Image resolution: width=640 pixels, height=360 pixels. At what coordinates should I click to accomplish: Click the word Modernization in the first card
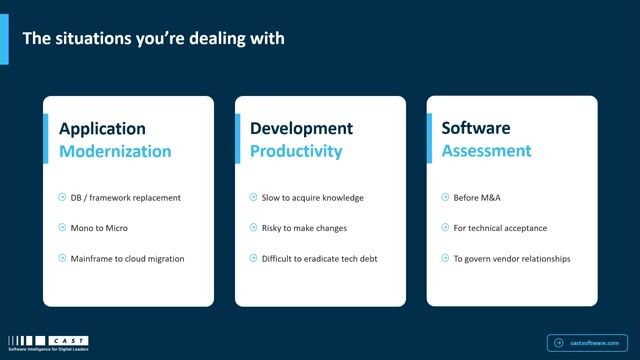[115, 152]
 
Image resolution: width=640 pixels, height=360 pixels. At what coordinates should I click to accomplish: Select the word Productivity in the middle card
[296, 152]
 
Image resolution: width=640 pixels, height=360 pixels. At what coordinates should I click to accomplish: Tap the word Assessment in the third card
[486, 152]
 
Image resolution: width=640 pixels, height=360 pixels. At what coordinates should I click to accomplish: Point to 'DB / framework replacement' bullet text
[127, 198]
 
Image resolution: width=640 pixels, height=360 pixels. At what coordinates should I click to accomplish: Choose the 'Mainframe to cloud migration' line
[128, 259]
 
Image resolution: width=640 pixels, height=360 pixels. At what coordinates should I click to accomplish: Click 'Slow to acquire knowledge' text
[314, 198]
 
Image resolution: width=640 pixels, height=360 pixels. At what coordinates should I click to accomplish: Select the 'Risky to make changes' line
[305, 228]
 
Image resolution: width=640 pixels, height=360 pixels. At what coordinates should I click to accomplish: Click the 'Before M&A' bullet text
[478, 198]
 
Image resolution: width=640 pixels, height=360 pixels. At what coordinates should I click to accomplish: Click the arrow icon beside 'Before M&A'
[445, 198]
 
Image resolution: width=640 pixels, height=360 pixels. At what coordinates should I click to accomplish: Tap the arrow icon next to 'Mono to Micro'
[62, 228]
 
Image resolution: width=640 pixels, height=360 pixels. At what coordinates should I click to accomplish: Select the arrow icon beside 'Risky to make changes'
[253, 228]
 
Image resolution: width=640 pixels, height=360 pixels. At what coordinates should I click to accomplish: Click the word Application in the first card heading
[102, 129]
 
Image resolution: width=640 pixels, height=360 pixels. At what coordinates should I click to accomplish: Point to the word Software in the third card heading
[476, 129]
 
